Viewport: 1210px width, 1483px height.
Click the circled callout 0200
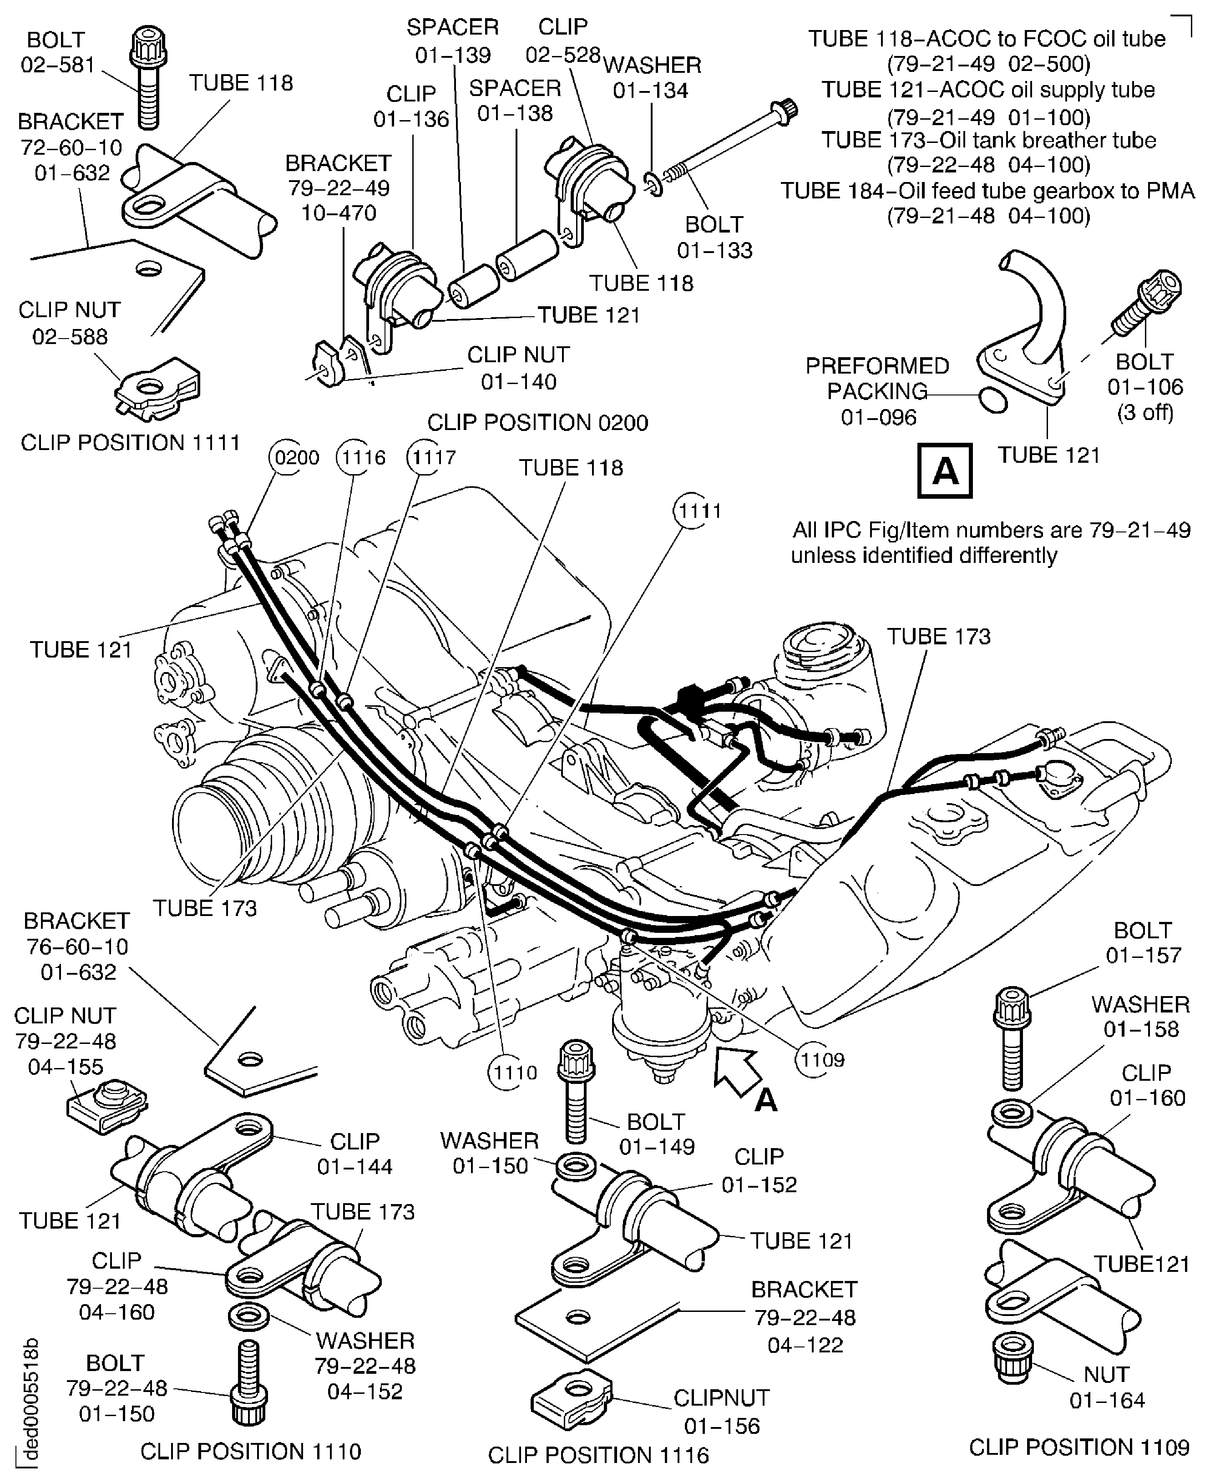click(x=297, y=458)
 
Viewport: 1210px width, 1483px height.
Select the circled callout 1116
click(x=361, y=458)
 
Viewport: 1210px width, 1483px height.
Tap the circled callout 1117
click(x=433, y=458)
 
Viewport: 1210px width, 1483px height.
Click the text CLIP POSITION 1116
click(x=598, y=1456)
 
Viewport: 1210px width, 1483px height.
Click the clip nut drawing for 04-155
click(x=107, y=1104)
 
